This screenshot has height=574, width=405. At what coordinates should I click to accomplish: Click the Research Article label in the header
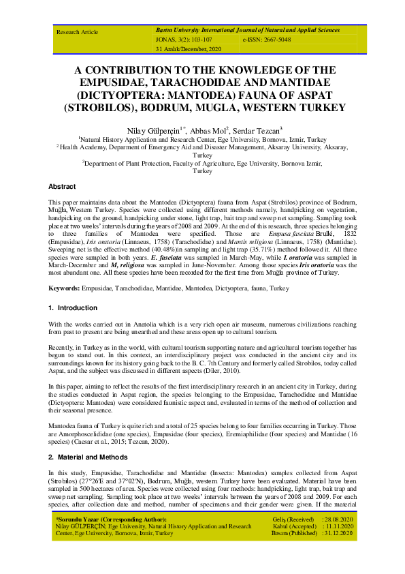[x=77, y=32]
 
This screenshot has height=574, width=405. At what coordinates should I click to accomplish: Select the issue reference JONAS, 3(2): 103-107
[x=184, y=41]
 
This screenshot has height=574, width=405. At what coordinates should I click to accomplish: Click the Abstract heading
[x=62, y=186]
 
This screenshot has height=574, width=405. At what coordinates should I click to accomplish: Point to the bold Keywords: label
[x=69, y=289]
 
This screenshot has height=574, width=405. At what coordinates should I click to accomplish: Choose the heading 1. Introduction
[x=73, y=307]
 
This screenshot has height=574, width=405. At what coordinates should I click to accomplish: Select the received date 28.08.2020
[x=337, y=519]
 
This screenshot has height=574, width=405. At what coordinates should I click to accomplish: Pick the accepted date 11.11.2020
[x=337, y=526]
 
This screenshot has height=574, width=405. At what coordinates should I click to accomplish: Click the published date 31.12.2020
[x=337, y=533]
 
